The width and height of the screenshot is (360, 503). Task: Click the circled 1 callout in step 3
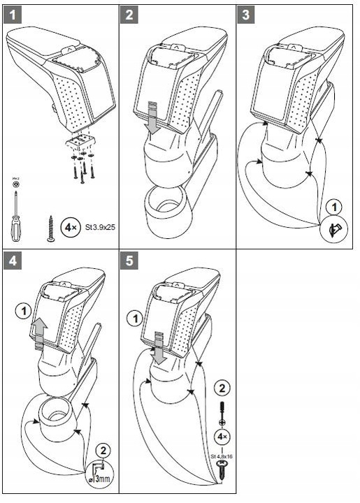[335, 207]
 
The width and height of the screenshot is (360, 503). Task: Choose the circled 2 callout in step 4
[102, 449]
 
